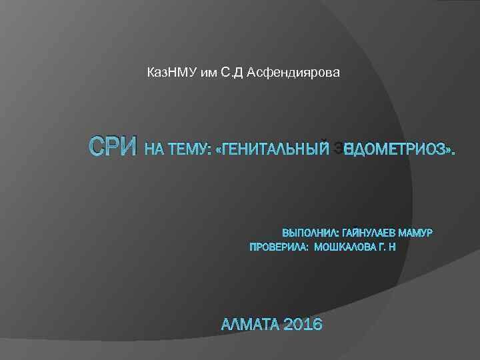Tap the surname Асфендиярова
[x=293, y=72]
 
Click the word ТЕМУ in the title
[x=184, y=151]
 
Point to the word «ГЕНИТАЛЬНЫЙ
[x=269, y=151]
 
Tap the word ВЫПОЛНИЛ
[x=310, y=233]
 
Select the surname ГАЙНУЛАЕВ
[x=369, y=233]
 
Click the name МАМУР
[x=416, y=233]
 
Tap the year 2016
[x=303, y=325]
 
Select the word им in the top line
[x=205, y=72]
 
